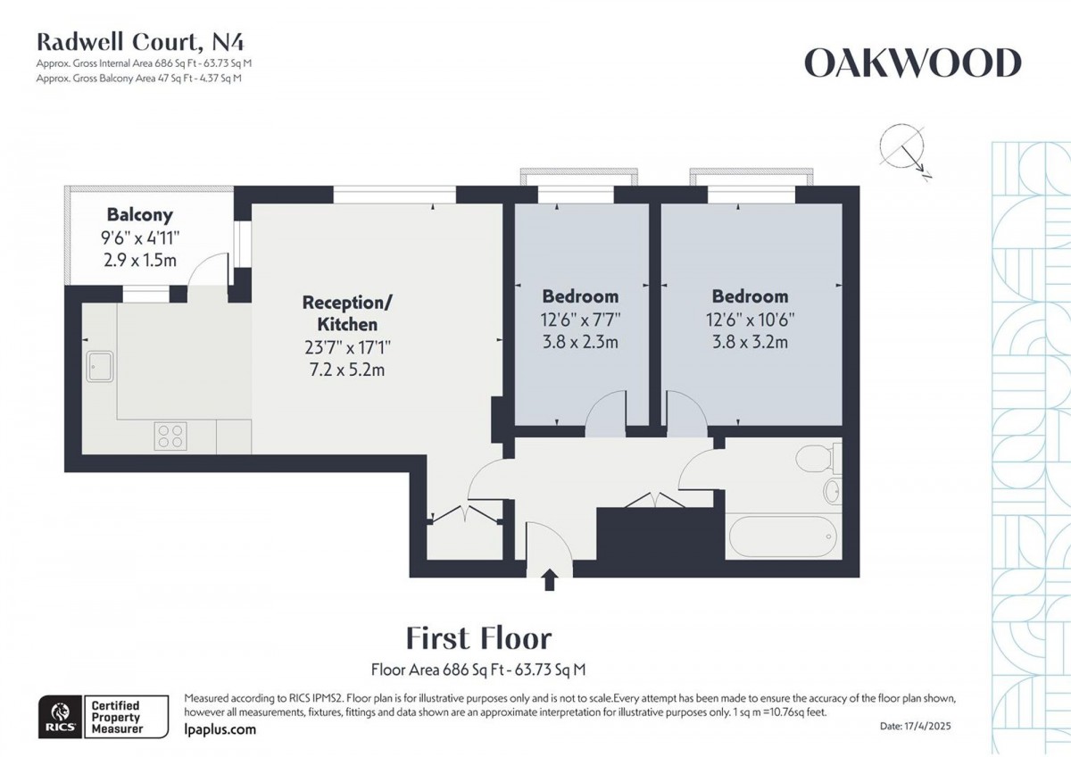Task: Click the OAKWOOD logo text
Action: tap(911, 63)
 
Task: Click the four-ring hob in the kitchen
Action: tap(171, 435)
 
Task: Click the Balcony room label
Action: tap(139, 215)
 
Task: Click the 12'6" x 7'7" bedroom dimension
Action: tap(580, 319)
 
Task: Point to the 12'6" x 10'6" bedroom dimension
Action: tap(750, 319)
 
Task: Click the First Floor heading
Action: tap(478, 638)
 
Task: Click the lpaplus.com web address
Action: tap(220, 729)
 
